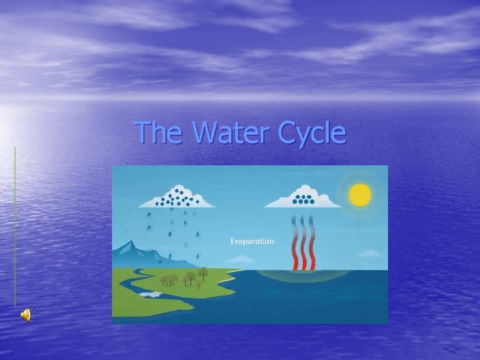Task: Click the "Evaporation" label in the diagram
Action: pos(252,241)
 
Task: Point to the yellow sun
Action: pos(360,194)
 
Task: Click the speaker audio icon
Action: pos(26,315)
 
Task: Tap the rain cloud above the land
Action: pos(176,197)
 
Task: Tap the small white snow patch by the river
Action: pos(150,294)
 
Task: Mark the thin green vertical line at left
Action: pos(15,227)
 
